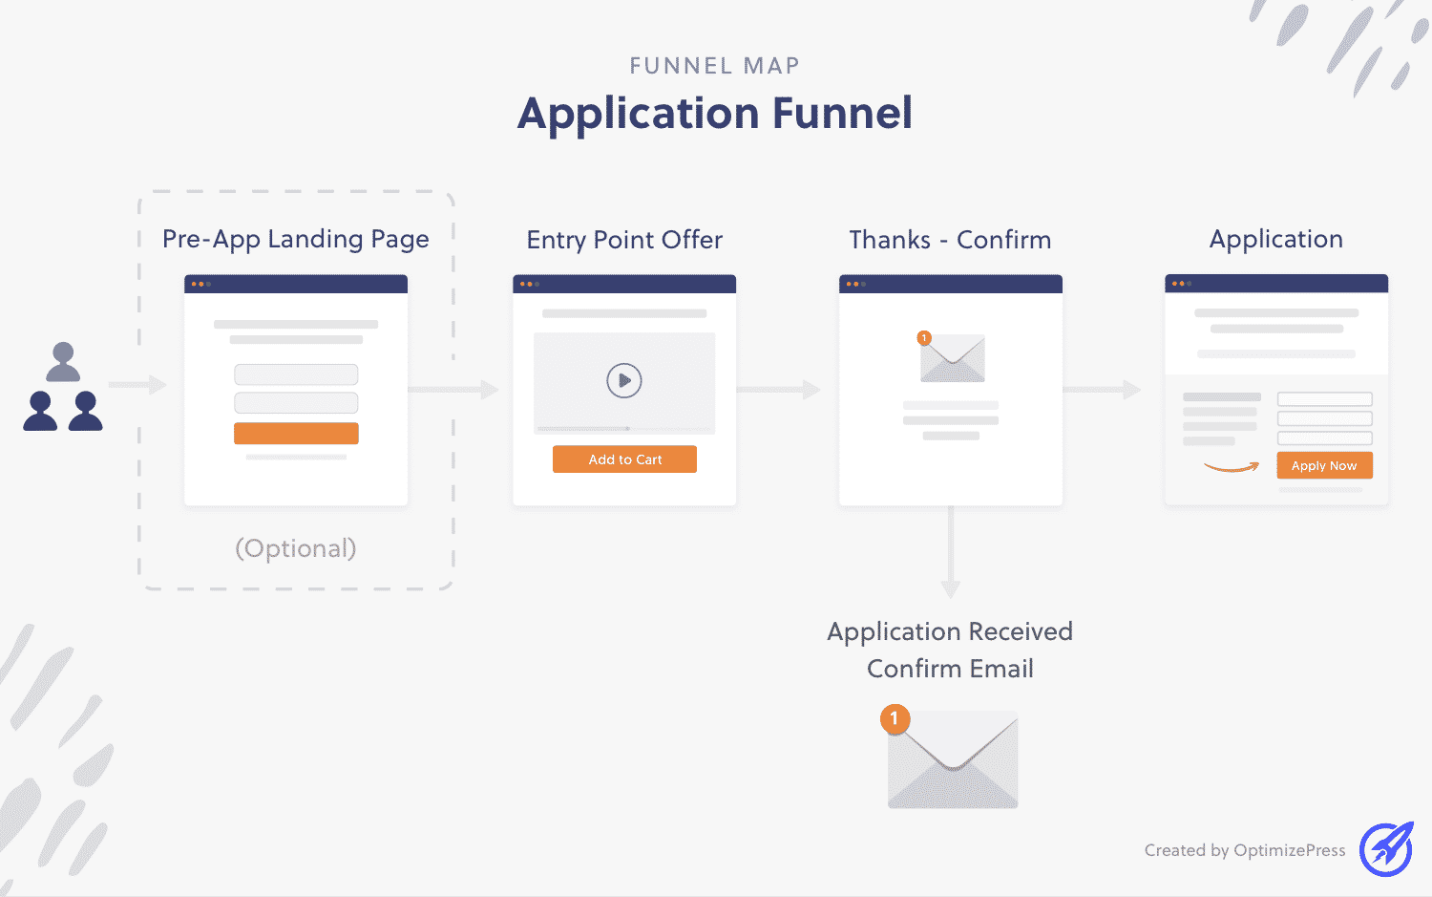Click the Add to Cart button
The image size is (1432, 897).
(624, 459)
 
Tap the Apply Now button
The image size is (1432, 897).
(1324, 465)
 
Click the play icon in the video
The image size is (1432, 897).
(624, 380)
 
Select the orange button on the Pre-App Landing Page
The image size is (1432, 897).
(296, 434)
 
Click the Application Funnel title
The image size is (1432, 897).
(715, 114)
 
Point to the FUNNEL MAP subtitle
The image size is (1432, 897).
(715, 66)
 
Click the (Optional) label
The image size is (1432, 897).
(296, 548)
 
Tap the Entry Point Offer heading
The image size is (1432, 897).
(624, 240)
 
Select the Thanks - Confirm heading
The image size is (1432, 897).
(950, 240)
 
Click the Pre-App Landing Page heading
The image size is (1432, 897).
(296, 239)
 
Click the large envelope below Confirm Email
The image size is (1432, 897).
(953, 764)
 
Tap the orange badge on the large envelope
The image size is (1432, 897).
(895, 718)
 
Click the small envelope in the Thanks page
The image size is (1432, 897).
(953, 359)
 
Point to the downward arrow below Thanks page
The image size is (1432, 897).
(950, 554)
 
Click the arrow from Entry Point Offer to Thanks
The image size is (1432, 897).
(779, 390)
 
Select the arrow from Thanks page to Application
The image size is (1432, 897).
(1102, 390)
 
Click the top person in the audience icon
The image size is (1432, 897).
(63, 361)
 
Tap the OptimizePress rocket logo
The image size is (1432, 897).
(1386, 848)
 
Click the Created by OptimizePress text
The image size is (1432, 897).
(1245, 850)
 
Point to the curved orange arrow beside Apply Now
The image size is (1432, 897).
(1232, 467)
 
